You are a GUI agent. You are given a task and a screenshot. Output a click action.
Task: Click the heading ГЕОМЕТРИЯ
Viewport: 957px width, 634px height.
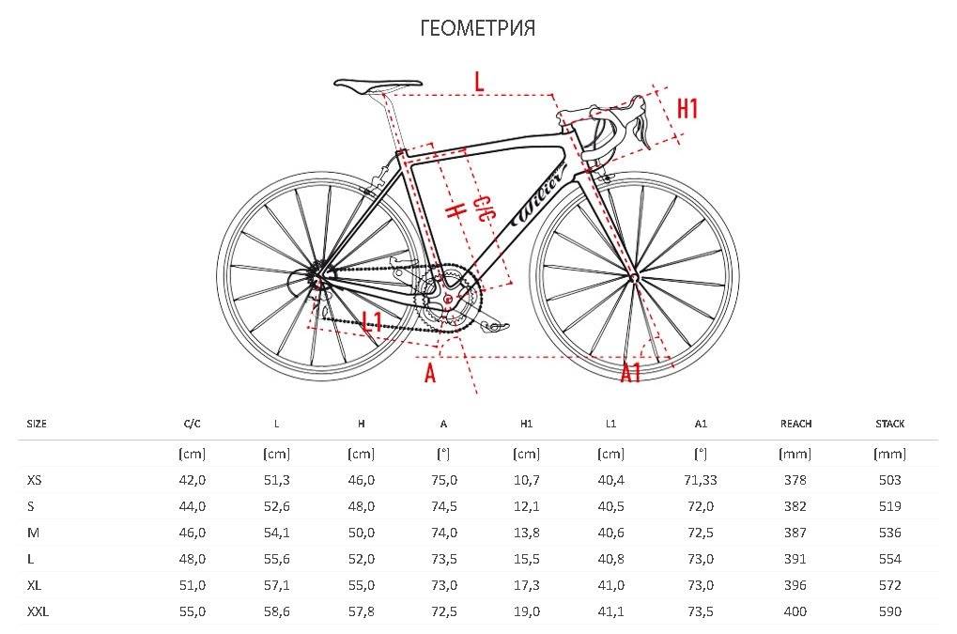pyautogui.click(x=478, y=28)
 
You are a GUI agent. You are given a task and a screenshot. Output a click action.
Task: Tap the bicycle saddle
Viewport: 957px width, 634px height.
pyautogui.click(x=378, y=85)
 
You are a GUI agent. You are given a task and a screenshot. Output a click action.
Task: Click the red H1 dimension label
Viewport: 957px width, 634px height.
pyautogui.click(x=687, y=109)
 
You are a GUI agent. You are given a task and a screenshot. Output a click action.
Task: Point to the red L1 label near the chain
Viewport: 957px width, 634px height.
pyautogui.click(x=372, y=321)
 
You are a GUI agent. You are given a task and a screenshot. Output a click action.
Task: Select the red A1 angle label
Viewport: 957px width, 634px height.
pyautogui.click(x=631, y=372)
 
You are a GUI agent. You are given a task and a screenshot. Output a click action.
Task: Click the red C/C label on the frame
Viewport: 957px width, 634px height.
pyautogui.click(x=484, y=209)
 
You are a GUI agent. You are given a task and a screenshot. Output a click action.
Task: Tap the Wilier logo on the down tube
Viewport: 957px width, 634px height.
pyautogui.click(x=541, y=194)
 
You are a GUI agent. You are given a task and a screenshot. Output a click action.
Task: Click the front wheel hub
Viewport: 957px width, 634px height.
pyautogui.click(x=634, y=278)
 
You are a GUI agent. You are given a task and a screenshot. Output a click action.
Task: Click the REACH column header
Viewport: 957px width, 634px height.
pyautogui.click(x=795, y=424)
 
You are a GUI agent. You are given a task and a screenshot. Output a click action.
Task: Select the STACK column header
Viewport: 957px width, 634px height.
pyautogui.click(x=890, y=424)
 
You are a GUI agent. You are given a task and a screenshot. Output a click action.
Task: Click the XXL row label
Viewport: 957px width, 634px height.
pyautogui.click(x=38, y=611)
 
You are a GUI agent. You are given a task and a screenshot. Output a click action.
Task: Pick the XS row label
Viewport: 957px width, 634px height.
pyautogui.click(x=34, y=480)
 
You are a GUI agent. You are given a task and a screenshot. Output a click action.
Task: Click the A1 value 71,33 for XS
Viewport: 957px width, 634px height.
pyautogui.click(x=700, y=480)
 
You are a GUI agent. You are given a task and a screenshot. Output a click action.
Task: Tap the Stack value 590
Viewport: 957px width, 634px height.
pyautogui.click(x=890, y=611)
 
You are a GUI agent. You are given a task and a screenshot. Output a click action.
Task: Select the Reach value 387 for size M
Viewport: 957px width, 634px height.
pyautogui.click(x=795, y=533)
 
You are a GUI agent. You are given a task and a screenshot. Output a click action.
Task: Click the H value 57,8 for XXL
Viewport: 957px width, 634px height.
pyautogui.click(x=362, y=611)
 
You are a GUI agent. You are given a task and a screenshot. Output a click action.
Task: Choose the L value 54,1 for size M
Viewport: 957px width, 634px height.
pyautogui.click(x=276, y=533)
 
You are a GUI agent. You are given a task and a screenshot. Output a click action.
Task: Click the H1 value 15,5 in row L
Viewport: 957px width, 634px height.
pyautogui.click(x=526, y=559)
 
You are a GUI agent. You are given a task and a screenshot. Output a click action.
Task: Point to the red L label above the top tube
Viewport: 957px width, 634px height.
pyautogui.click(x=479, y=81)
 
